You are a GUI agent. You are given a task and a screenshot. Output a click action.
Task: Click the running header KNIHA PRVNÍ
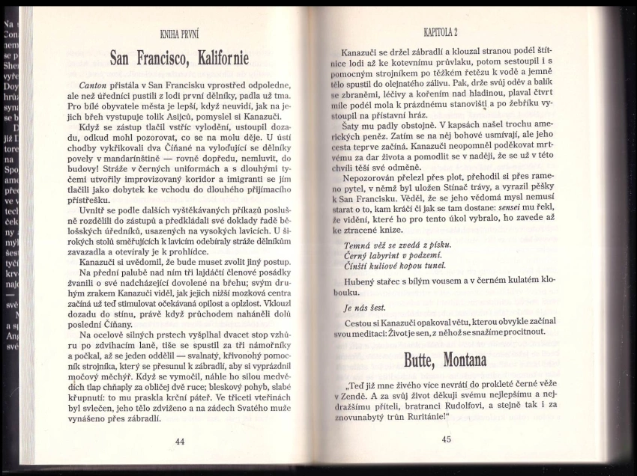point(178,34)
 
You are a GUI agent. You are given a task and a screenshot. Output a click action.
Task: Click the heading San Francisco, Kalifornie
point(179,58)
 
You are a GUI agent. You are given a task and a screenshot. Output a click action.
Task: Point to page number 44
point(180,442)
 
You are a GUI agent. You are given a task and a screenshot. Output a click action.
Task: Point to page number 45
point(447,439)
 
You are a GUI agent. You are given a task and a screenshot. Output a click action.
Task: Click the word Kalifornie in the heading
point(223,58)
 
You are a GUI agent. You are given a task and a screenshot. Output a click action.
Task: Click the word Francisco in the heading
point(160,58)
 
